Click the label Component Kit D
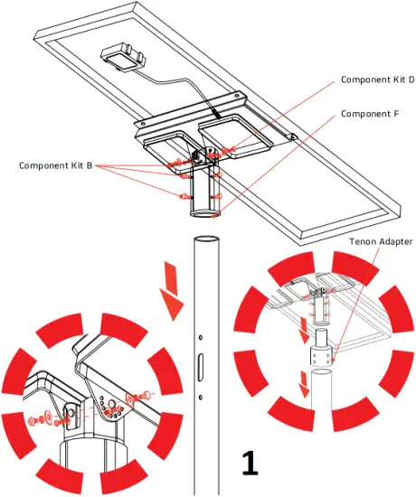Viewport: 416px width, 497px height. click(x=377, y=80)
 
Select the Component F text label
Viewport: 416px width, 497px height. click(x=370, y=115)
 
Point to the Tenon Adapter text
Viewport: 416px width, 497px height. click(x=381, y=242)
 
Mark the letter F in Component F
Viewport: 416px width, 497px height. click(x=395, y=115)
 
